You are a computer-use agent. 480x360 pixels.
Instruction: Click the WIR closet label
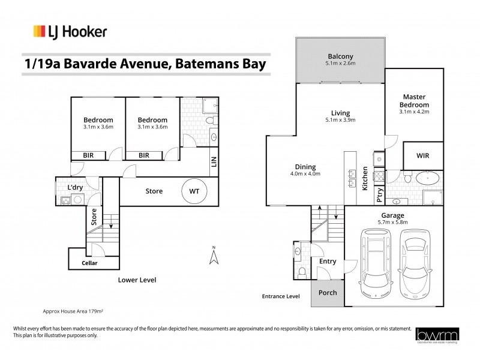pyautogui.click(x=424, y=155)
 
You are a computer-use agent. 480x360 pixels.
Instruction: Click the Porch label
pyautogui.click(x=327, y=293)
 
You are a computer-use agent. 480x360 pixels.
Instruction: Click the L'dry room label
pyautogui.click(x=75, y=188)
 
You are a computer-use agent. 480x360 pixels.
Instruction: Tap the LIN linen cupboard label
pyautogui.click(x=213, y=161)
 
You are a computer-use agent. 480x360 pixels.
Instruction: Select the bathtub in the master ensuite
pyautogui.click(x=428, y=178)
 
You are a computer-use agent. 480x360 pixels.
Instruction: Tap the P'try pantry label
pyautogui.click(x=379, y=195)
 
